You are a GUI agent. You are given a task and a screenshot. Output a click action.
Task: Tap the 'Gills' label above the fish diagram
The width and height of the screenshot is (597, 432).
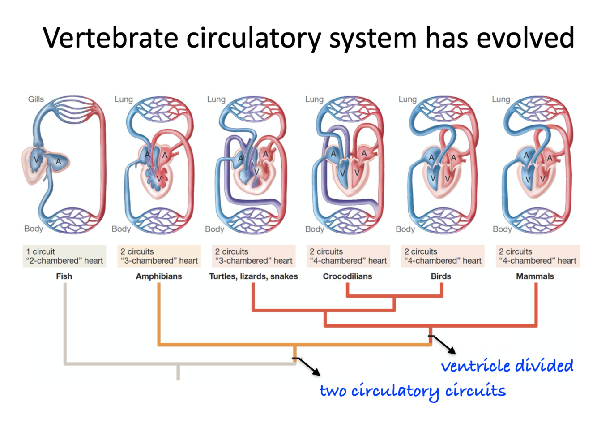(36, 99)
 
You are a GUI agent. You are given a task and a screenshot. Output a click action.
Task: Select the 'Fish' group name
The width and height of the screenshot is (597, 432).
(64, 276)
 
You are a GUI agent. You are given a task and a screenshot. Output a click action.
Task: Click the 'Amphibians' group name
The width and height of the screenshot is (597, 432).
(159, 276)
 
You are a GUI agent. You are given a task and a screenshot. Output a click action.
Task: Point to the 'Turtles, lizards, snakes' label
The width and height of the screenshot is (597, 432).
(253, 276)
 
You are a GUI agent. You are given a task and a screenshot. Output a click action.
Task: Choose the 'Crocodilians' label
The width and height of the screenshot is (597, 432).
(347, 276)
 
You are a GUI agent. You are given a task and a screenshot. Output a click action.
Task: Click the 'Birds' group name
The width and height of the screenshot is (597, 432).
(441, 276)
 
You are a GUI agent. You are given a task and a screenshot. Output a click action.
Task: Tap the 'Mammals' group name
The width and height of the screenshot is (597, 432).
(535, 276)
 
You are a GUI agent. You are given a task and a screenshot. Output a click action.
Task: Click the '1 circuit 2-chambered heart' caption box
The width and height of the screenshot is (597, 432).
(64, 256)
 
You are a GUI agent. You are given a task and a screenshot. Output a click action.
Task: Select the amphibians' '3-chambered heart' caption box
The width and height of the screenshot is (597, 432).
(159, 256)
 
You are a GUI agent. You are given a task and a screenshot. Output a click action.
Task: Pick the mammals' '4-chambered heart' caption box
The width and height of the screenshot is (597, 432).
(537, 256)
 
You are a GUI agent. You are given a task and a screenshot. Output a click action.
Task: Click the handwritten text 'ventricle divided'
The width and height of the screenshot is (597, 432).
(507, 366)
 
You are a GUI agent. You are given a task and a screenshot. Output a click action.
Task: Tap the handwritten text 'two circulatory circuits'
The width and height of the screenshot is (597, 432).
(412, 391)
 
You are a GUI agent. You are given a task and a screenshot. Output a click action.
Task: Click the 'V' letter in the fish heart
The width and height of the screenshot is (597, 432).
(36, 160)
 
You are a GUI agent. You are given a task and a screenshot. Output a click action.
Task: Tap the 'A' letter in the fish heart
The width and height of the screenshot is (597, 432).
(58, 161)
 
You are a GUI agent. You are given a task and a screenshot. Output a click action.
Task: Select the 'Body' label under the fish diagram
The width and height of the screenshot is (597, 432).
(34, 229)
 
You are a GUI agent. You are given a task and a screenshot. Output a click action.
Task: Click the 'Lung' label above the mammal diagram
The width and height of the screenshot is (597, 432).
(501, 99)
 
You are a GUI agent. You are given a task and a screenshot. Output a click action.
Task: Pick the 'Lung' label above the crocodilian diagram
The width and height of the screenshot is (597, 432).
(314, 99)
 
